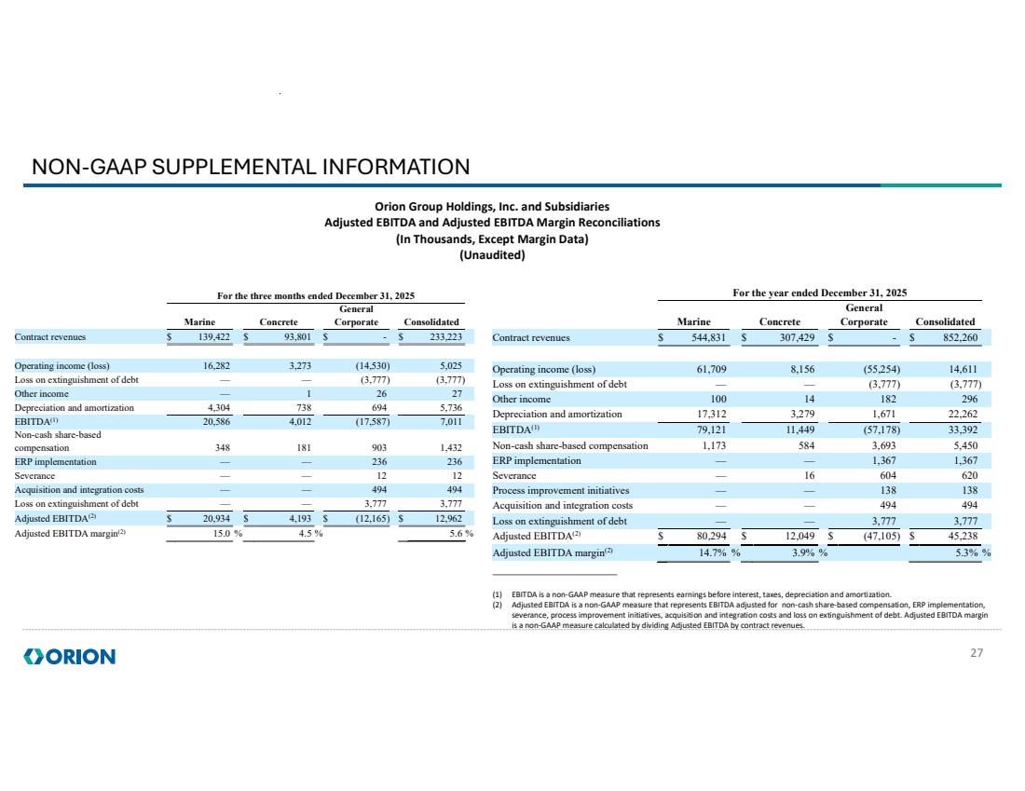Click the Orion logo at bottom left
coord(69,656)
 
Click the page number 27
coord(977,652)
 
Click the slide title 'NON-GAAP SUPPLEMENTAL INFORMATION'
coord(251,167)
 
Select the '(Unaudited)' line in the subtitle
coord(492,255)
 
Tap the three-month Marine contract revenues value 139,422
coord(213,337)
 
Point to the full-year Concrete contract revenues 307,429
coord(796,338)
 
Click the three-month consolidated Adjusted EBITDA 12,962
coord(448,518)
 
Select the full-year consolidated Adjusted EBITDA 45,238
coord(963,536)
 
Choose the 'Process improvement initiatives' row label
coord(561,490)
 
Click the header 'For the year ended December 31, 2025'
coord(820,293)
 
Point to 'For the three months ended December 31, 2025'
coord(316,296)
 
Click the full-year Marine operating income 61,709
coord(711,369)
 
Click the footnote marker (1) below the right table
coord(498,595)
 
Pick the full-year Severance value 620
coord(970,475)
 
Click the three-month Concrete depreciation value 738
coord(304,408)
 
